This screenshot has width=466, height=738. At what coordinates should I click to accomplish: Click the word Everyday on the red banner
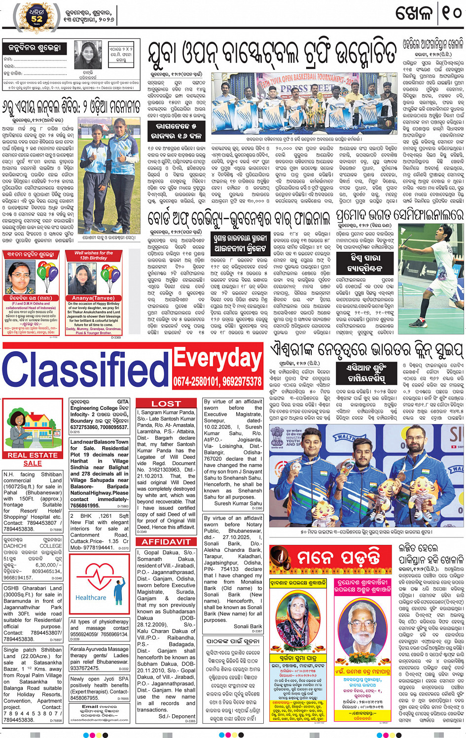point(217,360)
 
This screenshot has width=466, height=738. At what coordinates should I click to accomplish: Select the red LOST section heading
point(166,403)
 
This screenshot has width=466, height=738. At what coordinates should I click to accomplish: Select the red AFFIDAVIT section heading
point(166,541)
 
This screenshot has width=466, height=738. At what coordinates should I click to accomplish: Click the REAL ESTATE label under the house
point(33,455)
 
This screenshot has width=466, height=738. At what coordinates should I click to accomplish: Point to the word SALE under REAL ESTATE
point(33,464)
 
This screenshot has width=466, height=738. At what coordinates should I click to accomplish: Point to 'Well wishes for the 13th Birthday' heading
point(93,255)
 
